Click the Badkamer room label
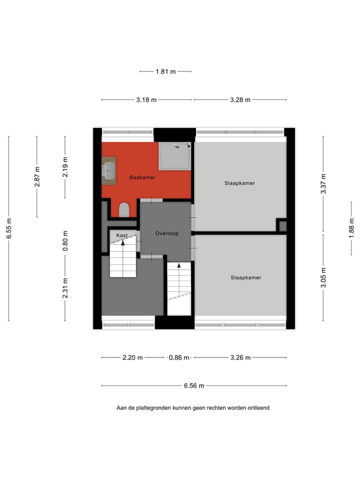pos(142,177)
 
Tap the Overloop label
pos(166,233)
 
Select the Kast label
pos(121,235)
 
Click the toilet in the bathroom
pos(124,209)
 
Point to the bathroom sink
pos(109,170)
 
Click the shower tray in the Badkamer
pos(174,156)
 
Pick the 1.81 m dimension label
pos(165,71)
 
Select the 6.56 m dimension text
pos(194,385)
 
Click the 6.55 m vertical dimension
pos(9,228)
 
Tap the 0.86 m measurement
pos(179,357)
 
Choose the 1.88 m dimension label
pos(351,228)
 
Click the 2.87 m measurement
pos(37,176)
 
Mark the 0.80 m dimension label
pos(65,240)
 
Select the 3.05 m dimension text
pos(323,278)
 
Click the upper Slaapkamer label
pos(239,183)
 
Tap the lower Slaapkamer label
pos(245,277)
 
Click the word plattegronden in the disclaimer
pos(153,408)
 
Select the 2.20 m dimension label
pos(132,357)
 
